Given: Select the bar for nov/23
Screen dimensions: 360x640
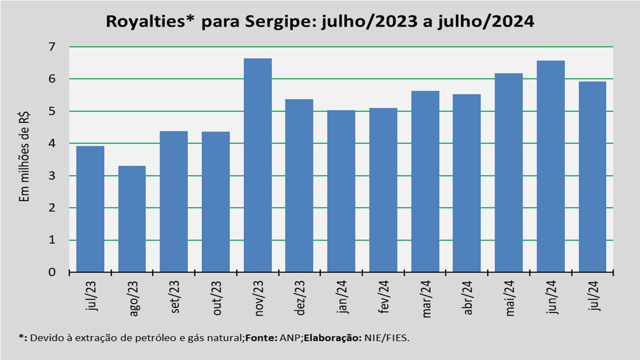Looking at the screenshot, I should pos(257,165).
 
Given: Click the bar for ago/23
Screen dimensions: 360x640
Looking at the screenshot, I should pos(132,219).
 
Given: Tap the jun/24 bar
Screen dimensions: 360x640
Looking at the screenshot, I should pos(550,166).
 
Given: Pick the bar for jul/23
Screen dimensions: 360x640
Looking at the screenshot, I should pos(90,209).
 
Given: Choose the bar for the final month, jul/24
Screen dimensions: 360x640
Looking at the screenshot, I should pos(592,177).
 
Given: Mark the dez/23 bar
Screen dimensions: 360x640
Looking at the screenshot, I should pos(299,185).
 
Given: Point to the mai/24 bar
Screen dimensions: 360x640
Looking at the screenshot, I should pos(508,173).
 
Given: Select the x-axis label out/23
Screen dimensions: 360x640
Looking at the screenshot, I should pos(217,298).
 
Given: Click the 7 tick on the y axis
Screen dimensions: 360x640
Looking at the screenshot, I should pos(52,47).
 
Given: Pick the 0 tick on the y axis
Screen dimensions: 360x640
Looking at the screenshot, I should pos(52,272).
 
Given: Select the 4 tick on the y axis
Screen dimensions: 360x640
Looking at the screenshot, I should pos(52,143).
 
